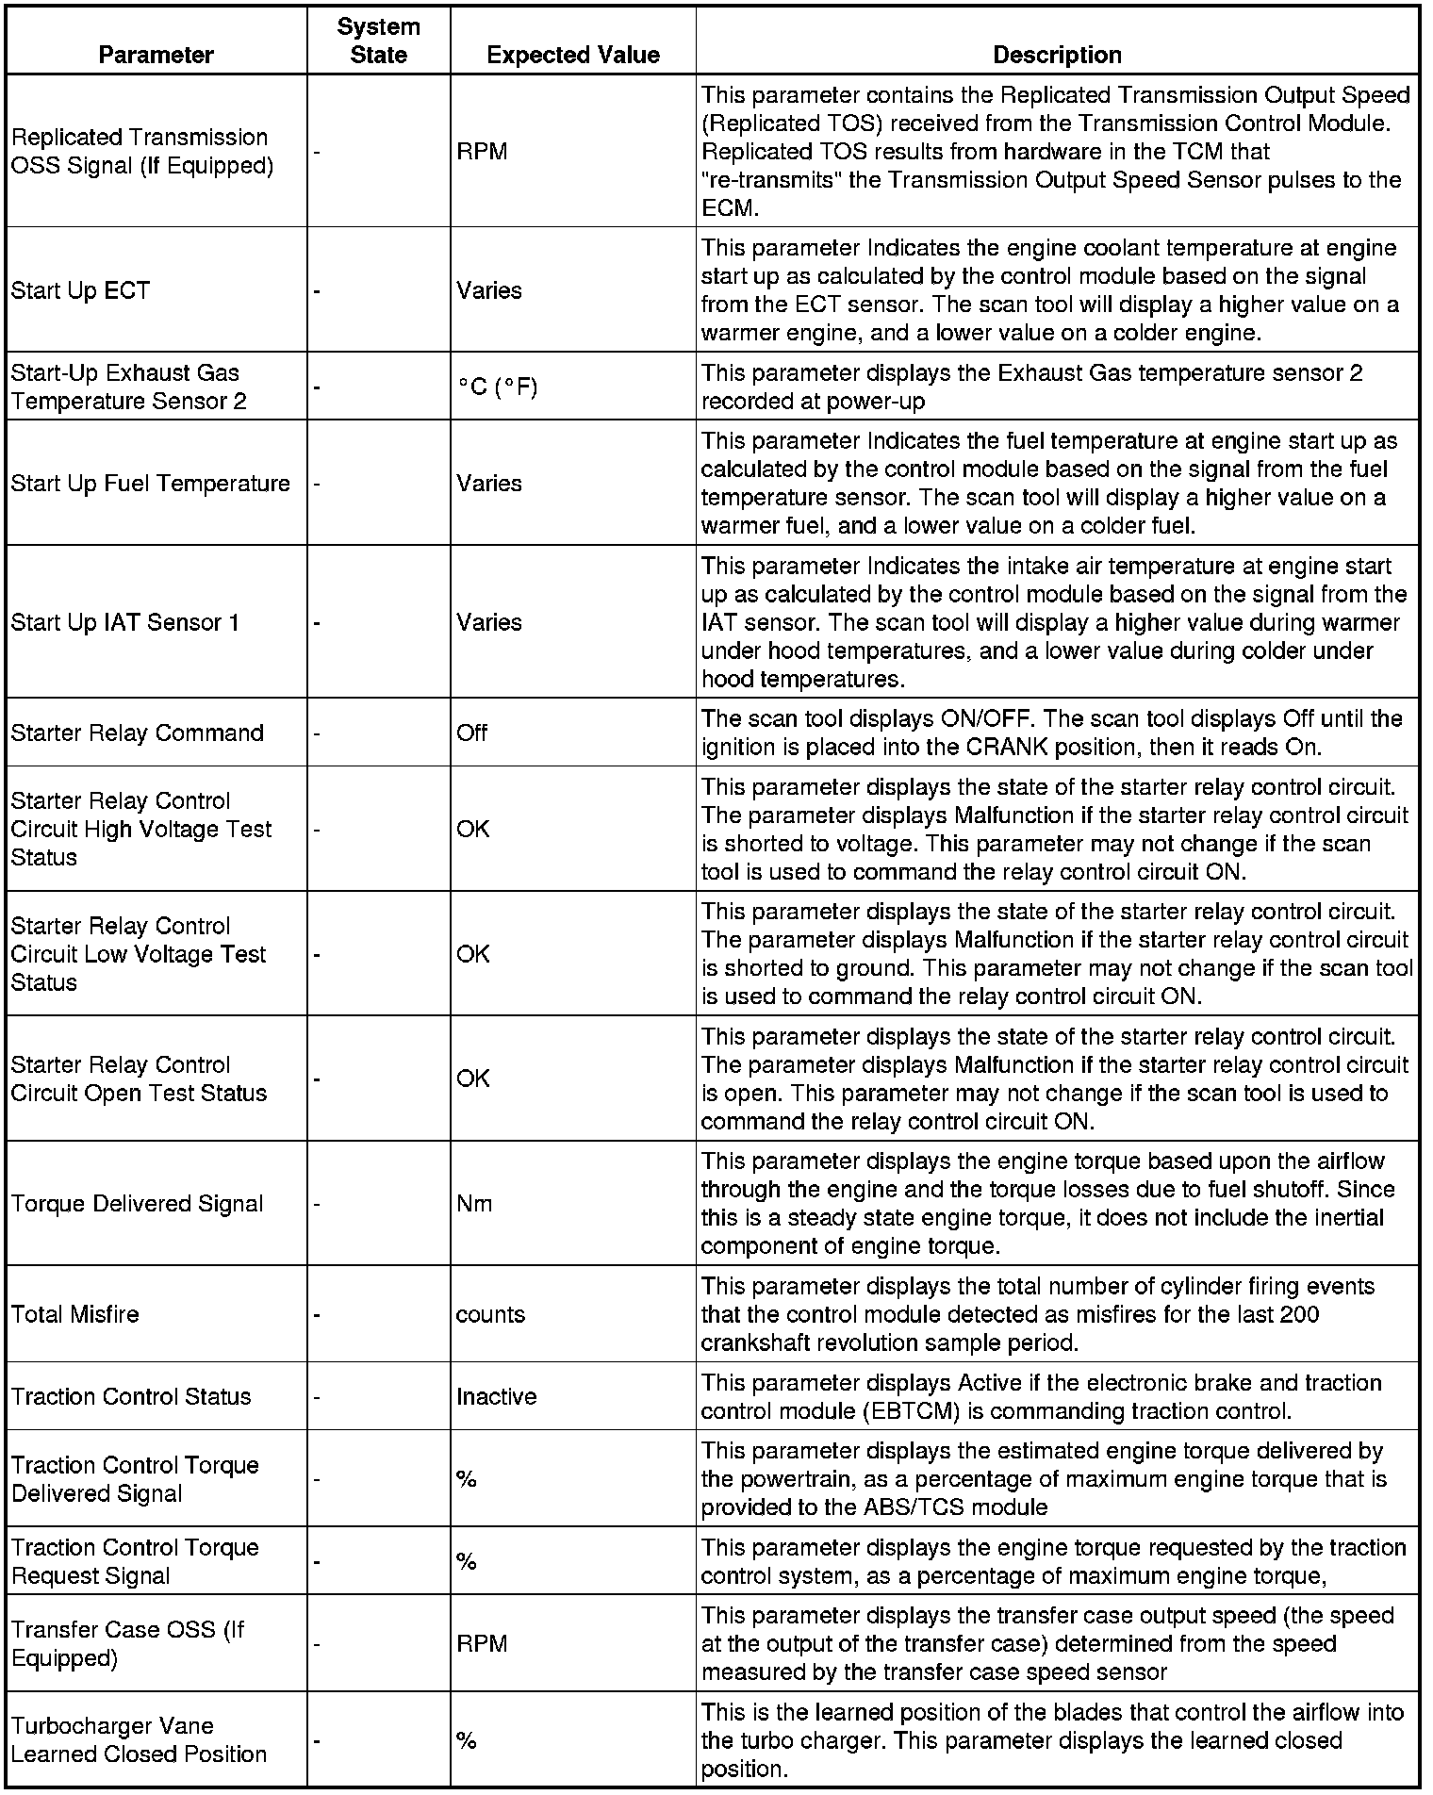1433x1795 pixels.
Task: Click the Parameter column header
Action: tap(156, 56)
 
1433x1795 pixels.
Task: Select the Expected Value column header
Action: tap(572, 56)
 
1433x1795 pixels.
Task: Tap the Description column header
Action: tap(1057, 56)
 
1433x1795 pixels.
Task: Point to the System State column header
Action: tap(378, 41)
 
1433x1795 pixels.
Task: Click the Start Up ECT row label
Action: tap(80, 290)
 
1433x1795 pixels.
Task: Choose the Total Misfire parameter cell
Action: tap(74, 1314)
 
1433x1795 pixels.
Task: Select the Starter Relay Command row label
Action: tap(137, 733)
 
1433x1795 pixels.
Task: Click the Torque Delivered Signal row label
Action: tap(137, 1204)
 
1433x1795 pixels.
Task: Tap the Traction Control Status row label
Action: tap(131, 1396)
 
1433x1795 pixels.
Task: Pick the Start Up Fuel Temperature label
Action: tap(151, 484)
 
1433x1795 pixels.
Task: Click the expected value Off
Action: tap(471, 733)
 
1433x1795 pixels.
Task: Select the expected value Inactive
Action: tap(496, 1396)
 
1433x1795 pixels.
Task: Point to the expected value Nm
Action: tap(474, 1204)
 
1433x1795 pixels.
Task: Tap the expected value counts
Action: tap(490, 1314)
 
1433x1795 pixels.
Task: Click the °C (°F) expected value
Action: tap(497, 387)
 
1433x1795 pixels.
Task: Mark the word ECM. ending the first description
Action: tap(730, 208)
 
